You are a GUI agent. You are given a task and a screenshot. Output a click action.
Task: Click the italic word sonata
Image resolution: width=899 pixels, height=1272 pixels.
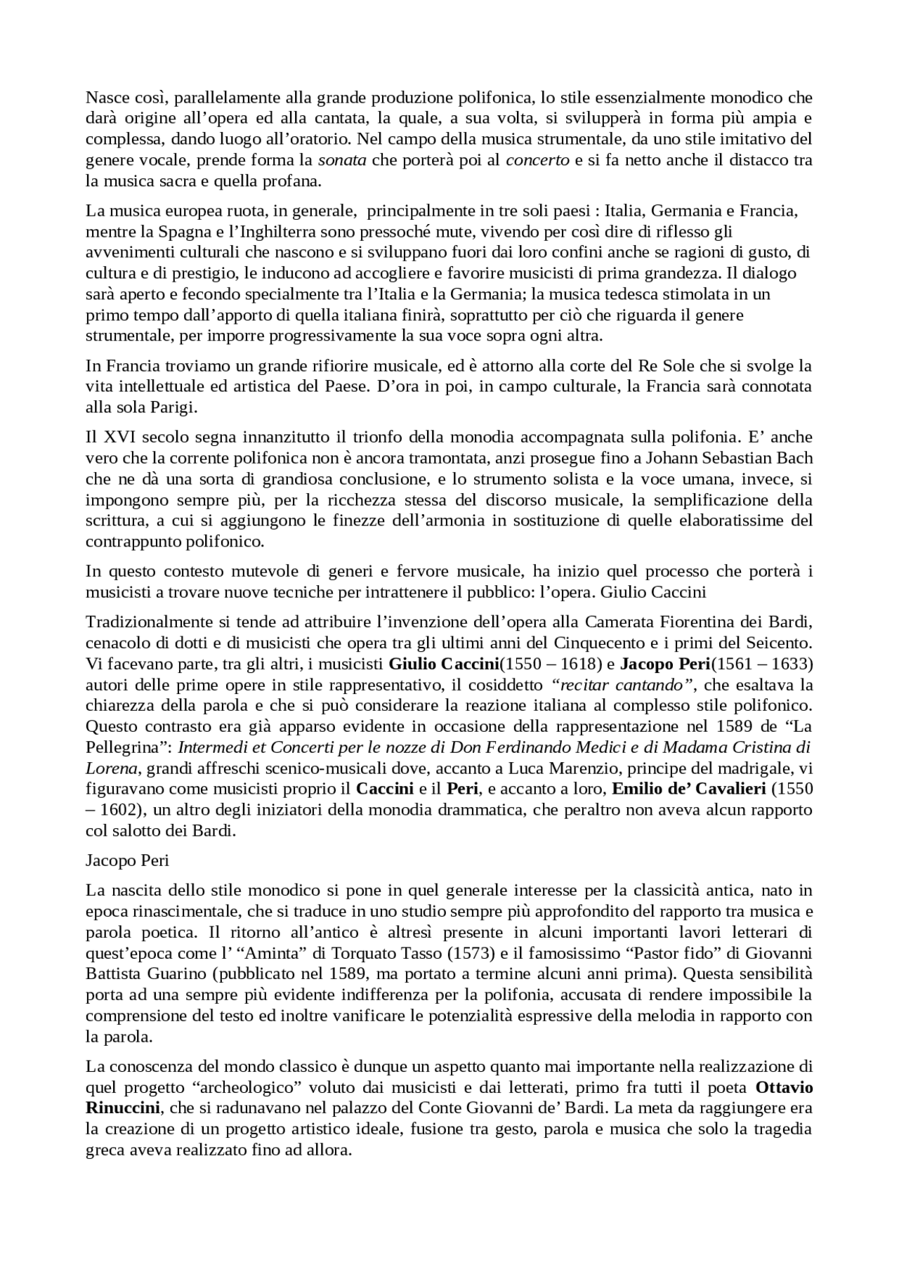342,160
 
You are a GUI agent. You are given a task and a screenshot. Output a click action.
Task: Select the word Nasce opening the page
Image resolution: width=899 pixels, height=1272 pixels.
106,97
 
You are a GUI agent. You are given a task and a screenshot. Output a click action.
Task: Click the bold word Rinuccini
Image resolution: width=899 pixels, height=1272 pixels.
124,1108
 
